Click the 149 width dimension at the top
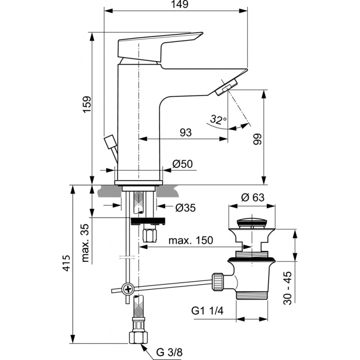click(x=176, y=4)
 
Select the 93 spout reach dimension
click(x=185, y=132)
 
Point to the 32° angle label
click(x=218, y=120)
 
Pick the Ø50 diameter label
click(x=183, y=164)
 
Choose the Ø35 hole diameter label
click(x=185, y=207)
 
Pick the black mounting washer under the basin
click(x=148, y=221)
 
